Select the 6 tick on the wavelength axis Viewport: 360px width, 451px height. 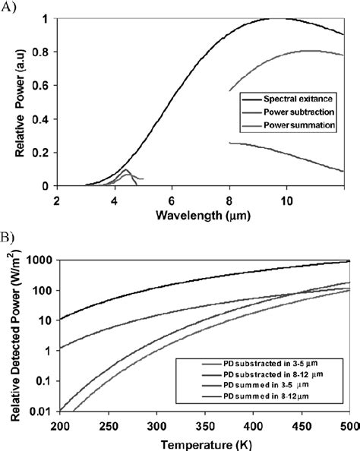tap(172, 200)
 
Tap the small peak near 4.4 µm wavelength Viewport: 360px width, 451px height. tap(125, 169)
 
